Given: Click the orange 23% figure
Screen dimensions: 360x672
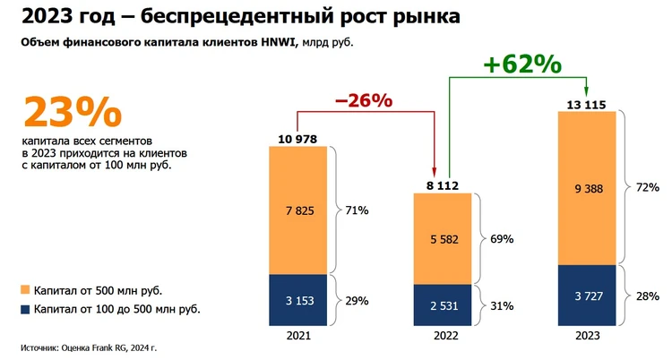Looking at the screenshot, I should (71, 114).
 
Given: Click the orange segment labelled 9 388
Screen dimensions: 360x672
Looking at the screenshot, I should (587, 189).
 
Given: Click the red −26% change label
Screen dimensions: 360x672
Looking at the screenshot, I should (363, 100).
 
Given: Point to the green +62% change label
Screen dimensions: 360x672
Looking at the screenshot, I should (521, 64).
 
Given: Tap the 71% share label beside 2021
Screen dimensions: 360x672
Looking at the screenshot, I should (357, 210).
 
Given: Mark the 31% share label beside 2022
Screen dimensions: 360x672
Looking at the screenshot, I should (502, 306).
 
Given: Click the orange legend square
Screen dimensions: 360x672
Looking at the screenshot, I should (25, 290).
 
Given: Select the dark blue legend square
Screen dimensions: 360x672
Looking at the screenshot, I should (25, 309).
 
